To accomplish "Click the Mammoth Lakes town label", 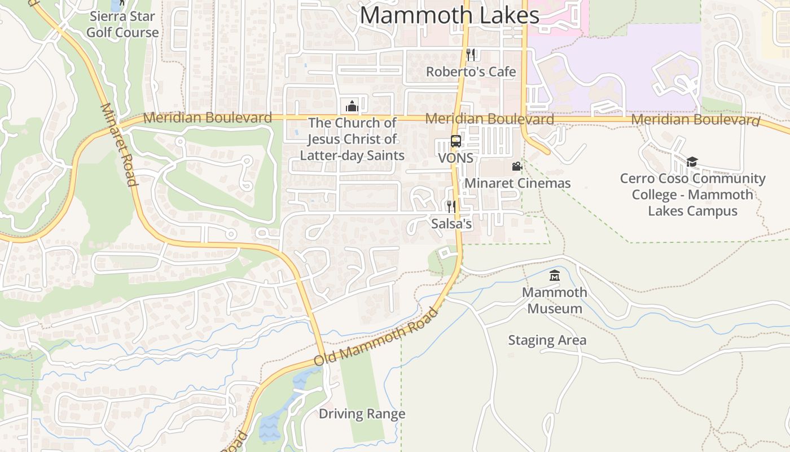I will point(450,15).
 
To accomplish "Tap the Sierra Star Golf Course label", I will point(122,24).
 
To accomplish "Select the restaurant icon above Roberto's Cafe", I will point(471,54).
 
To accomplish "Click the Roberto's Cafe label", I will point(471,72).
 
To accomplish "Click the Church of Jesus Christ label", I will point(352,139).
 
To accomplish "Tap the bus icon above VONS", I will point(456,141).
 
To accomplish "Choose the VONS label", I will point(456,158).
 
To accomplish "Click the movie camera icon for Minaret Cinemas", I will point(517,166).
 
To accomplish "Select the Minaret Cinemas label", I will point(517,183).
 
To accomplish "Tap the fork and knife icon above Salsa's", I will point(451,206).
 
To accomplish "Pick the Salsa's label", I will point(451,224).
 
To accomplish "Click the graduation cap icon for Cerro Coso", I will point(692,162).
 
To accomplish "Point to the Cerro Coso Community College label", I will point(692,195).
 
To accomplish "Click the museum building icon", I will point(555,276).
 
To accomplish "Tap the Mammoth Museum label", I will point(555,301).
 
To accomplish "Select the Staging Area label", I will point(547,340).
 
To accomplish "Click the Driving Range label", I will point(362,414).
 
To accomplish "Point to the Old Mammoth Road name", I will point(376,337).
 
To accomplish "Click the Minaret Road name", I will point(118,144).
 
